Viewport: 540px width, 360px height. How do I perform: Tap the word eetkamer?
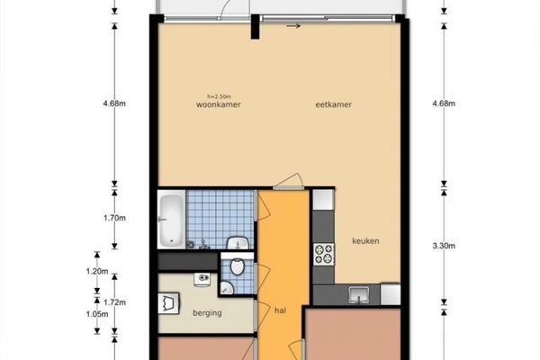[x=332, y=105]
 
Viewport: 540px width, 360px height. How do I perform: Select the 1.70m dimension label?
[x=115, y=218]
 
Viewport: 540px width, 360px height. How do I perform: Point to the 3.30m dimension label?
[x=444, y=245]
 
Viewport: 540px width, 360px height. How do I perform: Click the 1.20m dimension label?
[x=97, y=272]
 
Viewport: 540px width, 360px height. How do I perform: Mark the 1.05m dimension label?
[x=97, y=314]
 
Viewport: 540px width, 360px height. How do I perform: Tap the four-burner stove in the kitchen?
[x=322, y=255]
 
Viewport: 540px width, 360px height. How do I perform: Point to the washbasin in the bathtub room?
[x=238, y=243]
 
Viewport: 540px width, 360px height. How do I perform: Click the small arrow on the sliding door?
[x=292, y=26]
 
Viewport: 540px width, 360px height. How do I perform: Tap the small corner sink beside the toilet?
[x=227, y=287]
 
